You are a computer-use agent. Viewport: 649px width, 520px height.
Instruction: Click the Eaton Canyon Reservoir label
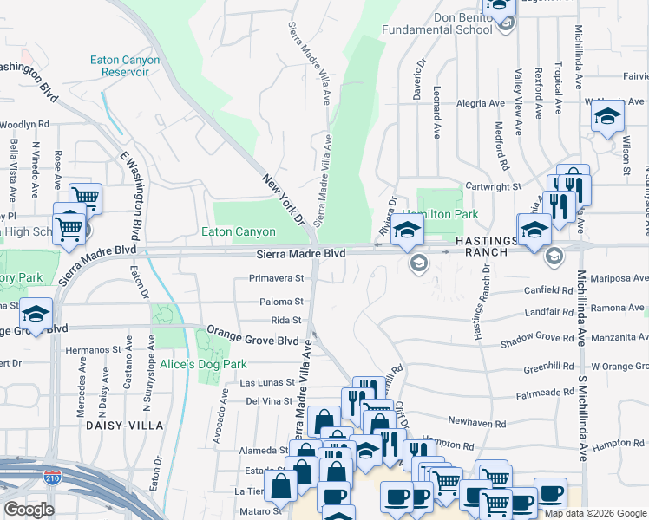click(x=125, y=67)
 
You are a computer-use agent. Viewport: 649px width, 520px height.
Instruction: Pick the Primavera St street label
click(x=276, y=279)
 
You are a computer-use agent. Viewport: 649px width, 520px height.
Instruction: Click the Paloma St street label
click(x=281, y=302)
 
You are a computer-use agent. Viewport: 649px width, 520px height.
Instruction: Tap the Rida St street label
click(x=285, y=320)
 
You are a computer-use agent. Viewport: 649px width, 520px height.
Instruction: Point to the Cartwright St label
click(x=492, y=186)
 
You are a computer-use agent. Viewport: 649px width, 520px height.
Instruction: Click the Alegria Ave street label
click(x=480, y=103)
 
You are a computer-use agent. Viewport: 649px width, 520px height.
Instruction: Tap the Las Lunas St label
click(x=261, y=382)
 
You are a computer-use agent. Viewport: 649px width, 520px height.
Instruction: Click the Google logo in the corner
click(x=29, y=510)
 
